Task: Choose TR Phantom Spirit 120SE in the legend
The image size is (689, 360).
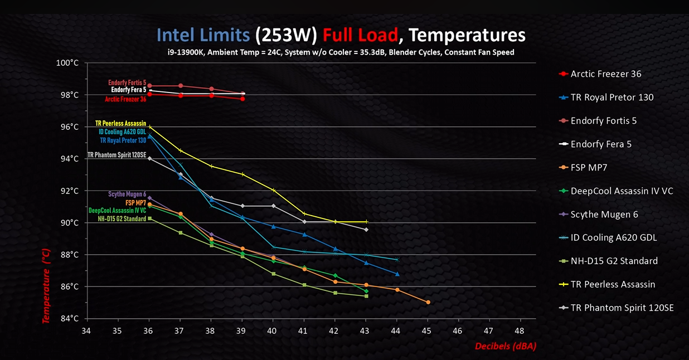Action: (622, 308)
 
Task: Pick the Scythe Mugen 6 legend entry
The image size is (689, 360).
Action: (604, 215)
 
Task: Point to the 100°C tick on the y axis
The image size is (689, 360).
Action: (67, 63)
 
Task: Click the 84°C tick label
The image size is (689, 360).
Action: (69, 319)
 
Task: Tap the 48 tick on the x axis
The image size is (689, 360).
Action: (520, 330)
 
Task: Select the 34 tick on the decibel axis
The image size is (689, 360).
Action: (86, 330)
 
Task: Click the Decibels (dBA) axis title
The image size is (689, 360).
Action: (505, 347)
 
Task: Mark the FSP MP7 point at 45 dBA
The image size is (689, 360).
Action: (428, 303)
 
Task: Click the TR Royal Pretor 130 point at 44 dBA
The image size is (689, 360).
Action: (397, 274)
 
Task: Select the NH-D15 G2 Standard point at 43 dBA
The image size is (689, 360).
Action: (366, 296)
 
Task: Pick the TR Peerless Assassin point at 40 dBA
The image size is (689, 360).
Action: (273, 190)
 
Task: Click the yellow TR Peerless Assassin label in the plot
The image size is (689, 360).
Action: (120, 124)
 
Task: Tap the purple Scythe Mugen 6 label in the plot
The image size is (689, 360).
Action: (127, 194)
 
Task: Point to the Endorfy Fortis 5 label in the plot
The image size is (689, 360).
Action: (127, 82)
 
